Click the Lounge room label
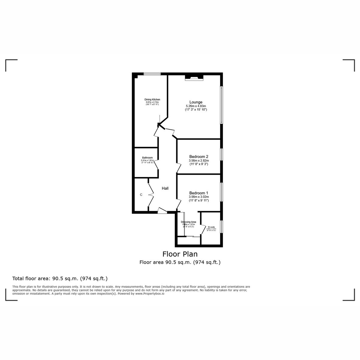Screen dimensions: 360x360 point(196,102)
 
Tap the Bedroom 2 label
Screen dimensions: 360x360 point(199,157)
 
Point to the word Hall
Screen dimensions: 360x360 point(165,188)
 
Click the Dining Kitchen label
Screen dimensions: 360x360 point(152,100)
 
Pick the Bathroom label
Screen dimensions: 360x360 point(147,158)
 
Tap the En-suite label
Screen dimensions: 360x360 point(211,227)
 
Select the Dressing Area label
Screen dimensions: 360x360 point(188,222)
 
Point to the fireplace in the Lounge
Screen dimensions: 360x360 point(194,78)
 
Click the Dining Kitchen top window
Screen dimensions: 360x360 point(152,74)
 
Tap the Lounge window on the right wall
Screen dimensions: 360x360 point(221,105)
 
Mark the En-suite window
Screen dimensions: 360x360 point(221,226)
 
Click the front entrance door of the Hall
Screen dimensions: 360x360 point(162,211)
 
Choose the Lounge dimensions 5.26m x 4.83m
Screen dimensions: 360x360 point(196,106)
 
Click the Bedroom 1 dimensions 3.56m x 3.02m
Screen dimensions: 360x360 point(199,197)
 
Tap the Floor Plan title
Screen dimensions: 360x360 point(180,254)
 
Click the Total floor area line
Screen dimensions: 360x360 point(60,278)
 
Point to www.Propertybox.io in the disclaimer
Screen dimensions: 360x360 point(150,294)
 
